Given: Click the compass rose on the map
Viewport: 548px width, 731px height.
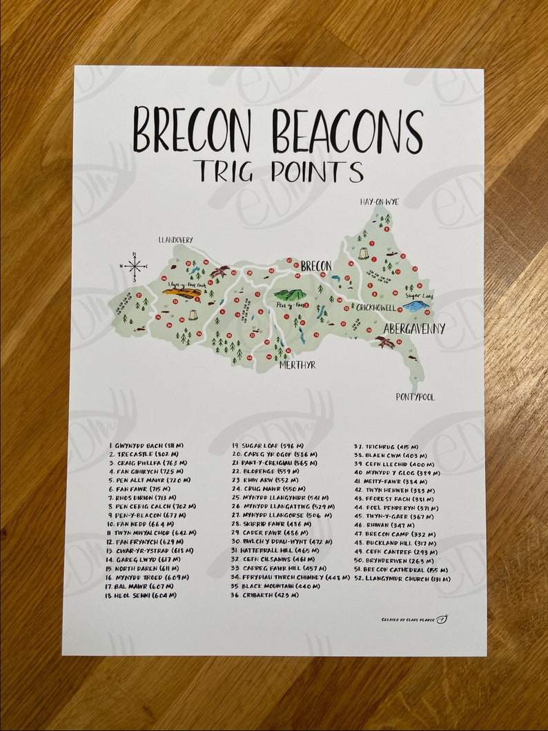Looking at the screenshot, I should click(135, 265).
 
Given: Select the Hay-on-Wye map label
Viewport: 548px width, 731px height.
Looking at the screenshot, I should click(379, 202).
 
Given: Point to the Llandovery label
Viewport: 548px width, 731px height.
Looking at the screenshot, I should click(175, 240).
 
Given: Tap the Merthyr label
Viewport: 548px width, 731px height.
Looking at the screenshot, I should click(297, 364).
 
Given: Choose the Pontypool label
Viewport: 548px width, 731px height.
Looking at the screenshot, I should click(415, 397).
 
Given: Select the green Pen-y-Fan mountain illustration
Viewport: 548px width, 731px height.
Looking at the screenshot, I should click(290, 294).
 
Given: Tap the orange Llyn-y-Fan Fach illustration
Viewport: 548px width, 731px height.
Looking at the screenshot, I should click(182, 292).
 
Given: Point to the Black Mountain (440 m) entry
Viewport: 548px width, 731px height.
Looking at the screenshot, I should click(272, 586).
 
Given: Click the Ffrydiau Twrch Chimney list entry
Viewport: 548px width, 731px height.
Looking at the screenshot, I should click(291, 577).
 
